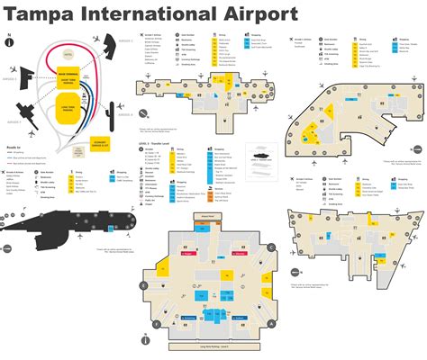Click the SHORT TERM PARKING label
click(70, 84)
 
